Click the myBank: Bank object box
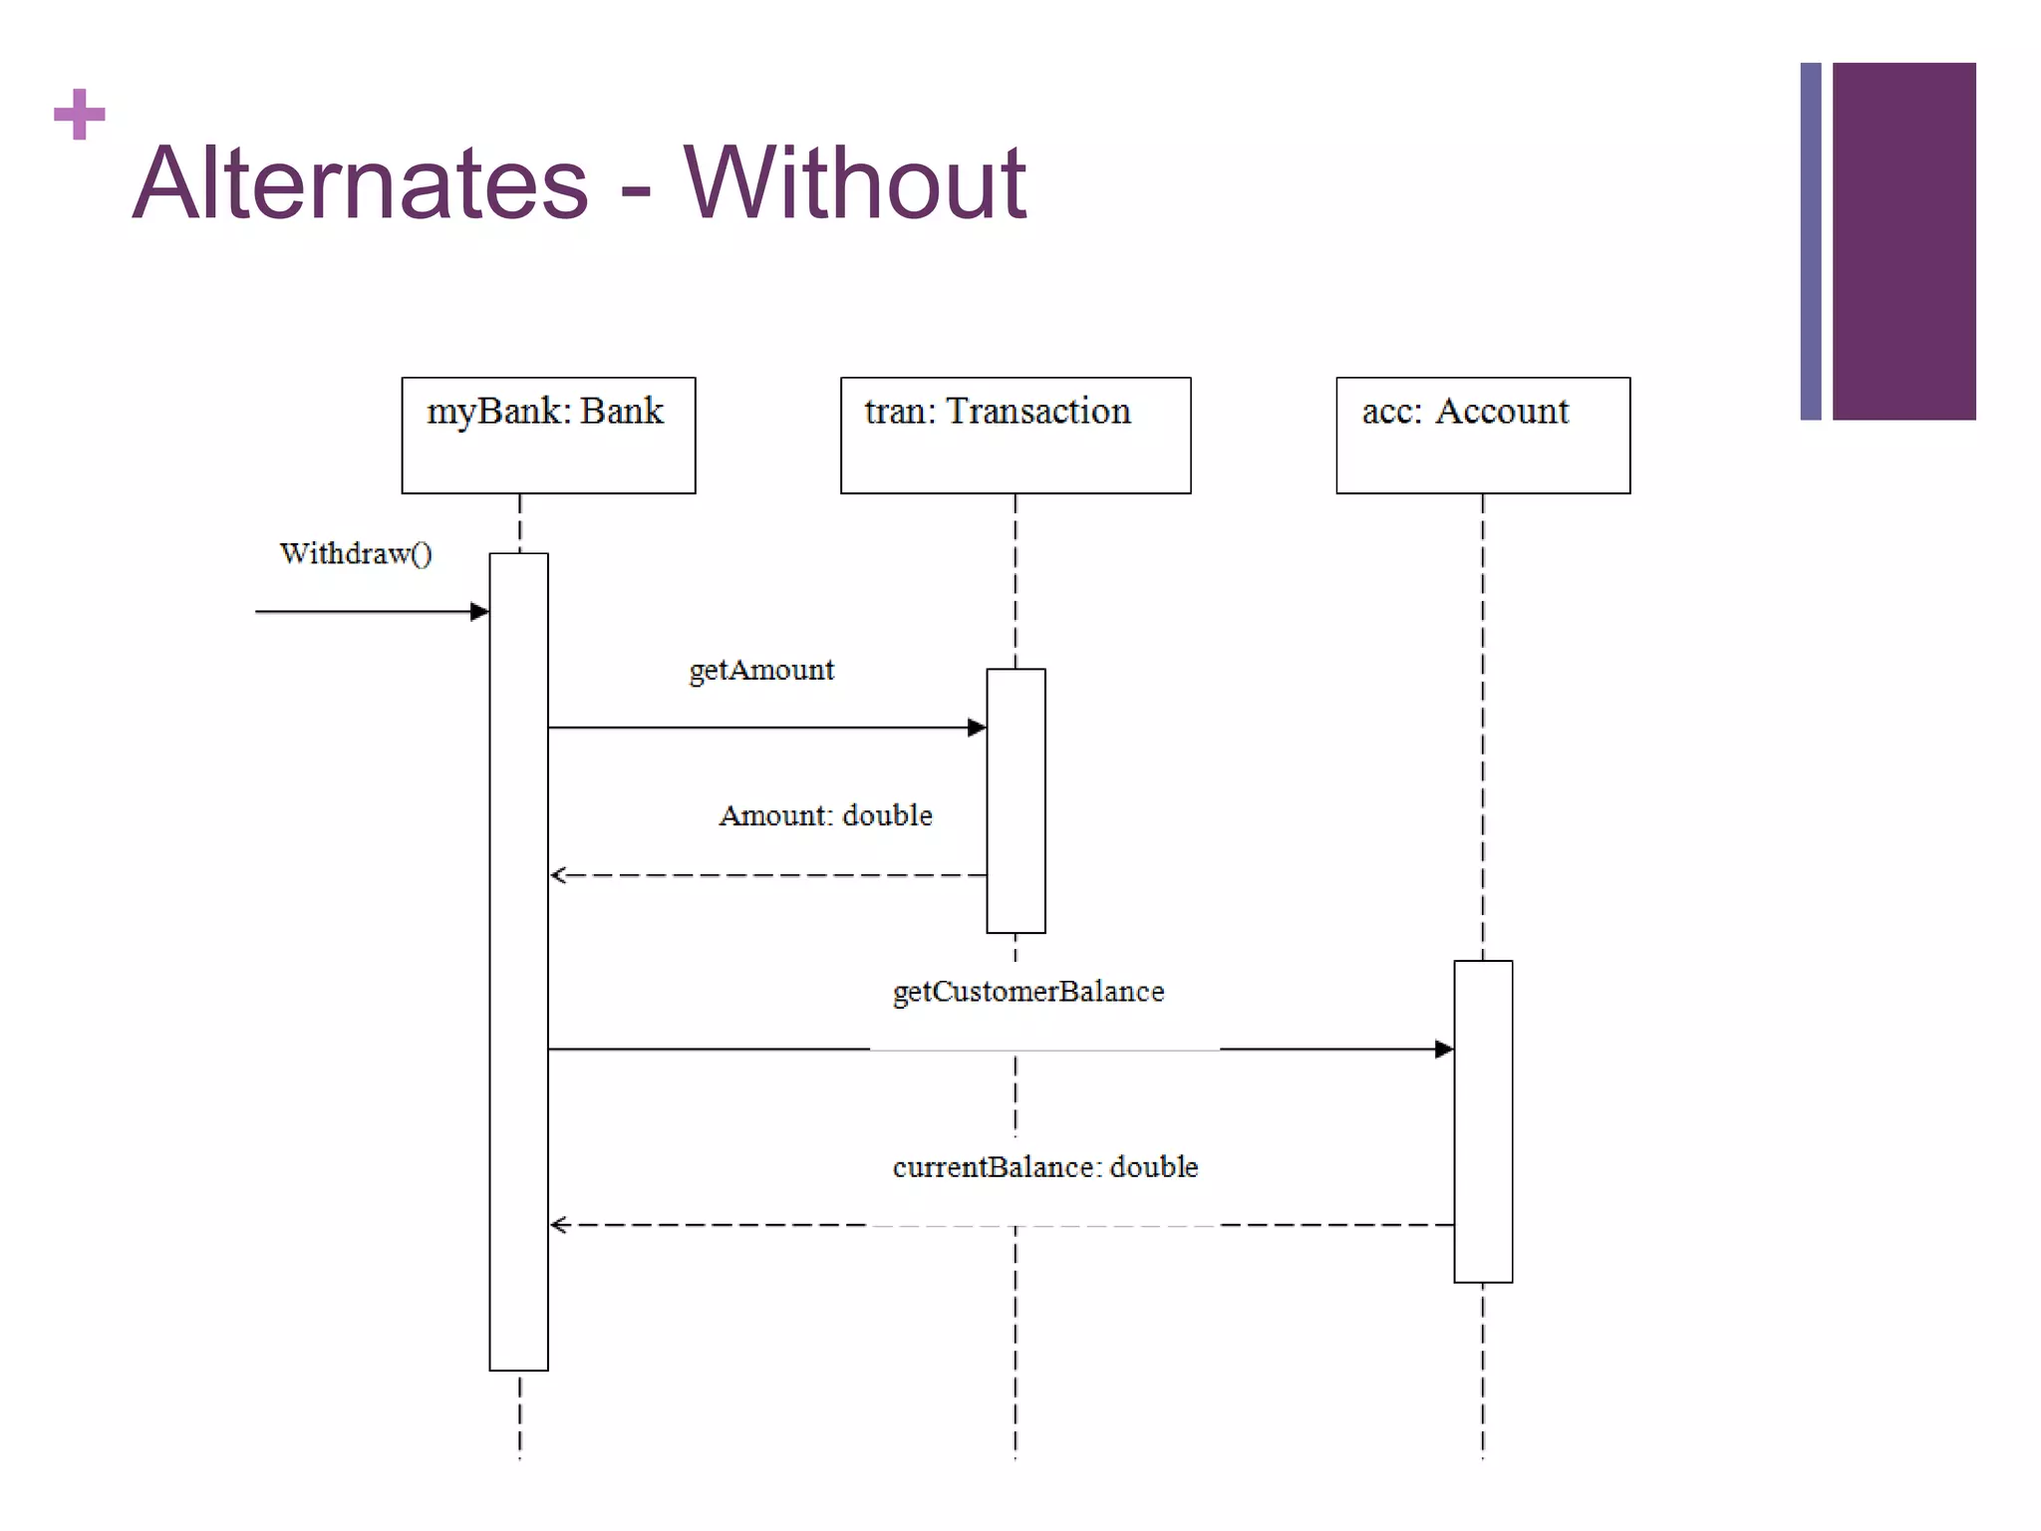click(548, 436)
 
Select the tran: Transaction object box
click(1015, 436)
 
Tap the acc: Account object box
click(1482, 436)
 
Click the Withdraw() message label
click(356, 554)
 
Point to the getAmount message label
click(761, 670)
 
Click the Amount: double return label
click(825, 815)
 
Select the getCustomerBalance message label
click(1027, 992)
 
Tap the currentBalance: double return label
click(1044, 1167)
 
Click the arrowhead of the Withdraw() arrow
click(479, 611)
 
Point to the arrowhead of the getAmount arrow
click(977, 728)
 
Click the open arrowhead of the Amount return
click(558, 875)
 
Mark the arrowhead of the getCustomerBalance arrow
click(1444, 1049)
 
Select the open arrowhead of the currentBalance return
click(558, 1224)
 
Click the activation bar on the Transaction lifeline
click(1016, 800)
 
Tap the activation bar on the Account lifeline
click(1483, 1120)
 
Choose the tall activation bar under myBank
click(518, 961)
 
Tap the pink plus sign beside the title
click(80, 115)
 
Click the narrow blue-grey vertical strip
click(1810, 241)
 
